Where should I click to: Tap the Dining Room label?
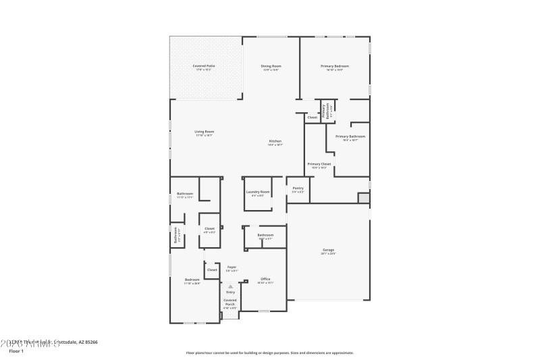(x=271, y=66)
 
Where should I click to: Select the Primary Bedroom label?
(x=335, y=66)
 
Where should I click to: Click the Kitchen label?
(x=275, y=141)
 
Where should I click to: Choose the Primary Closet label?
(x=319, y=164)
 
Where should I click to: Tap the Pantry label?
(x=298, y=188)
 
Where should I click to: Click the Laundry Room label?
(x=258, y=192)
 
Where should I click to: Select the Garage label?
(x=328, y=250)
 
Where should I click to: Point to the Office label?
(x=265, y=279)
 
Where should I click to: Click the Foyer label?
(x=231, y=267)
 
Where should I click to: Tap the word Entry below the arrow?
(x=230, y=292)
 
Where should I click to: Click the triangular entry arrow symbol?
(x=230, y=286)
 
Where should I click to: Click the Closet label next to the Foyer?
(x=212, y=269)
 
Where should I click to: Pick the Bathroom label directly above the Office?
(x=265, y=235)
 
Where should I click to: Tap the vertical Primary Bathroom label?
(x=325, y=110)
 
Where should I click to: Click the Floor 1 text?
(x=16, y=351)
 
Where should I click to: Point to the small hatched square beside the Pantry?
(x=364, y=198)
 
